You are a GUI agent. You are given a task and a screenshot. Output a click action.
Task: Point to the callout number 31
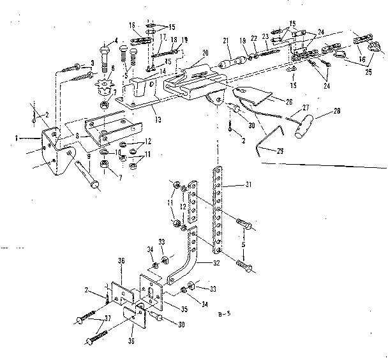(250, 186)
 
